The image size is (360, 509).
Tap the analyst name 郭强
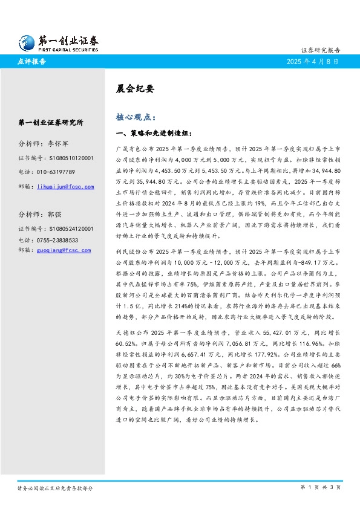click(54, 215)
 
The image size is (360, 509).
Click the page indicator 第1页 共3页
click(321, 487)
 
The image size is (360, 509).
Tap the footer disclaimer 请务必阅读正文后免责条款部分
click(54, 487)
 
